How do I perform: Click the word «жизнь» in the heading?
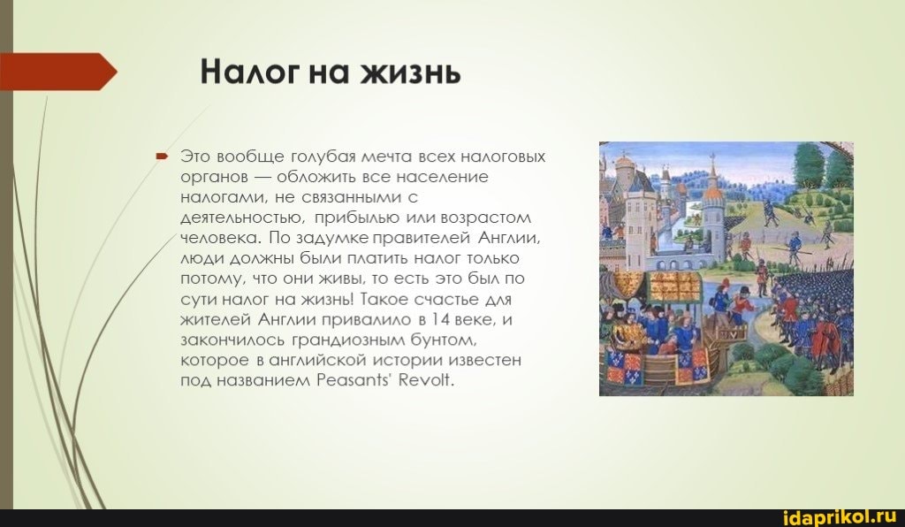[x=410, y=73]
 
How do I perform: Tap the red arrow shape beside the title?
[x=58, y=72]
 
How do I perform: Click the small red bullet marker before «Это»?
[x=162, y=156]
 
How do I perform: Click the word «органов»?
[x=214, y=178]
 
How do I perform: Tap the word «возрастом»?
[x=485, y=218]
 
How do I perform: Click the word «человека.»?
[x=222, y=238]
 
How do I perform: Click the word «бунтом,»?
[x=445, y=340]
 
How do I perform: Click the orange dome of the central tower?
[x=713, y=192]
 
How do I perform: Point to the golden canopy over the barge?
[x=674, y=286]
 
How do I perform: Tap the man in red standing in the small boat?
[x=736, y=312]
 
